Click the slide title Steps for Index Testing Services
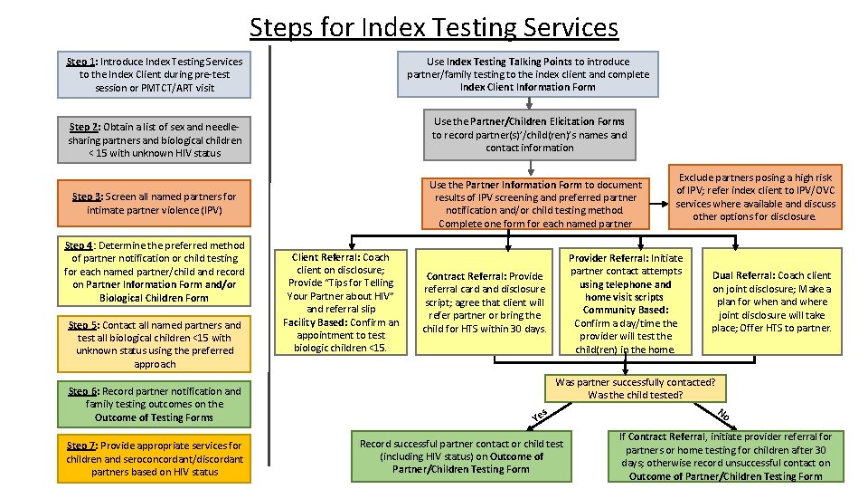tap(434, 27)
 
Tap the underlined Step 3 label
tap(87, 197)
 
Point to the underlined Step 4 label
tap(79, 245)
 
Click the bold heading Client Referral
tap(326, 258)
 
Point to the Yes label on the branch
tap(540, 415)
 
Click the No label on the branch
tap(723, 415)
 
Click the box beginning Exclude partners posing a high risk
tap(756, 197)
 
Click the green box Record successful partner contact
tap(461, 456)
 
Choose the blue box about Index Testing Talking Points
tap(528, 74)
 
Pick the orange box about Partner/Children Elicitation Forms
tap(528, 134)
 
